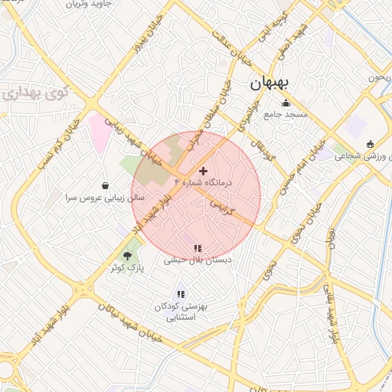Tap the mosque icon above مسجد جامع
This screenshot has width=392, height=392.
click(286, 103)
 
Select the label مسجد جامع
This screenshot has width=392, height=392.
click(286, 115)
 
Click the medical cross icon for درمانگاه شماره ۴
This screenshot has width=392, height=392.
click(203, 171)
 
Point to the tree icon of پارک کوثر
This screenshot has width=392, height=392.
click(127, 256)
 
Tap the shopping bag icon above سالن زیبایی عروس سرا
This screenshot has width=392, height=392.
click(105, 185)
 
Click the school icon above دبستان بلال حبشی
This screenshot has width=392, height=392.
click(198, 248)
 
